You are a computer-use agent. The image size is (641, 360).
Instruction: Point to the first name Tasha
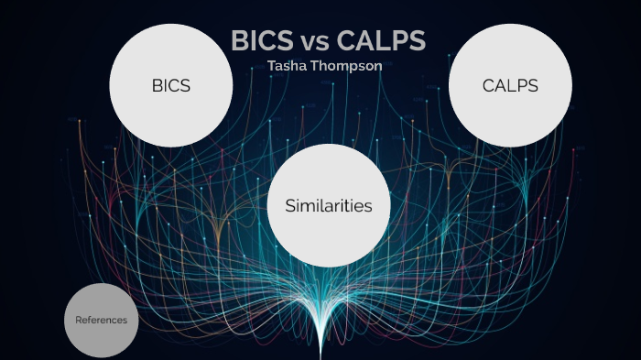(286, 66)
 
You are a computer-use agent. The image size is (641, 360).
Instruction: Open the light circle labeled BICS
(171, 85)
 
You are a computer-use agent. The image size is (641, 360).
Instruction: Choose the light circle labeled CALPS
(510, 85)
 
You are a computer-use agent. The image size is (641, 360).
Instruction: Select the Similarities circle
(329, 205)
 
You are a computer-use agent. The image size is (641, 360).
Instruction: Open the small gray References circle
(102, 320)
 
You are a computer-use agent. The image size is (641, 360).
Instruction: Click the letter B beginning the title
(241, 42)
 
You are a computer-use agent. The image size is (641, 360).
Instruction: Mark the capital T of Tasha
(271, 66)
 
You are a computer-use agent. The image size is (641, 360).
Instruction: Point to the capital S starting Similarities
(290, 206)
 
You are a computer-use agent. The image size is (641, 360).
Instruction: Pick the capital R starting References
(79, 320)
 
